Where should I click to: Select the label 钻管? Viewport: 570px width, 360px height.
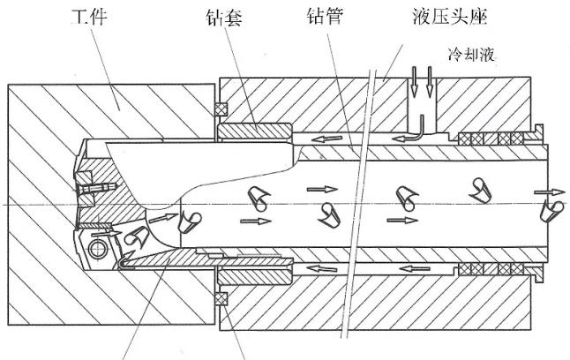[x=325, y=17]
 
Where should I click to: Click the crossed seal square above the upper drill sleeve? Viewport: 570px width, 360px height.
[x=223, y=109]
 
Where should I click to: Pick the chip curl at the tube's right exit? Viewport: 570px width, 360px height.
[x=555, y=209]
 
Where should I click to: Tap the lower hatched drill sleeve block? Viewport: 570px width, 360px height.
[x=256, y=273]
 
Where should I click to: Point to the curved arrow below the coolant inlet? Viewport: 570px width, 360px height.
[x=416, y=132]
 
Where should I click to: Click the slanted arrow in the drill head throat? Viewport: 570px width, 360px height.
[x=161, y=214]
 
